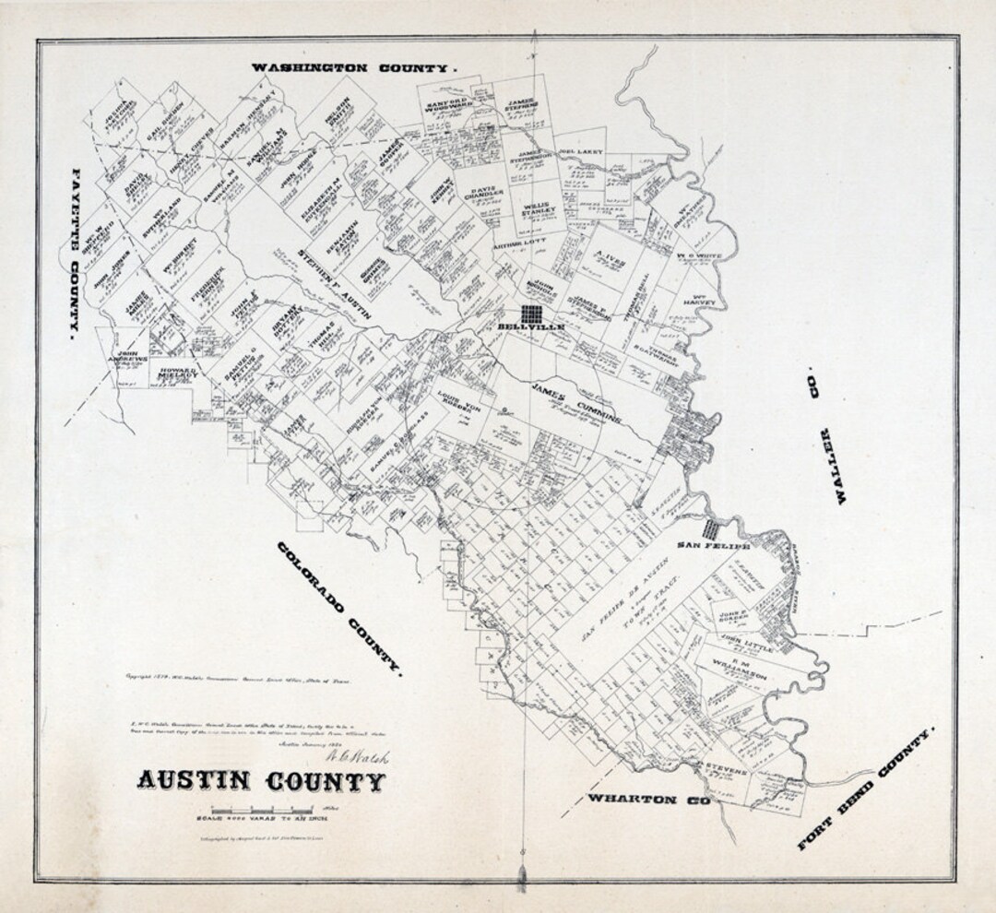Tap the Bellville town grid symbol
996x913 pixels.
531,313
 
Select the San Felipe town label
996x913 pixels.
714,545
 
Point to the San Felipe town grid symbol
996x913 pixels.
710,528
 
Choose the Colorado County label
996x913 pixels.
340,610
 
